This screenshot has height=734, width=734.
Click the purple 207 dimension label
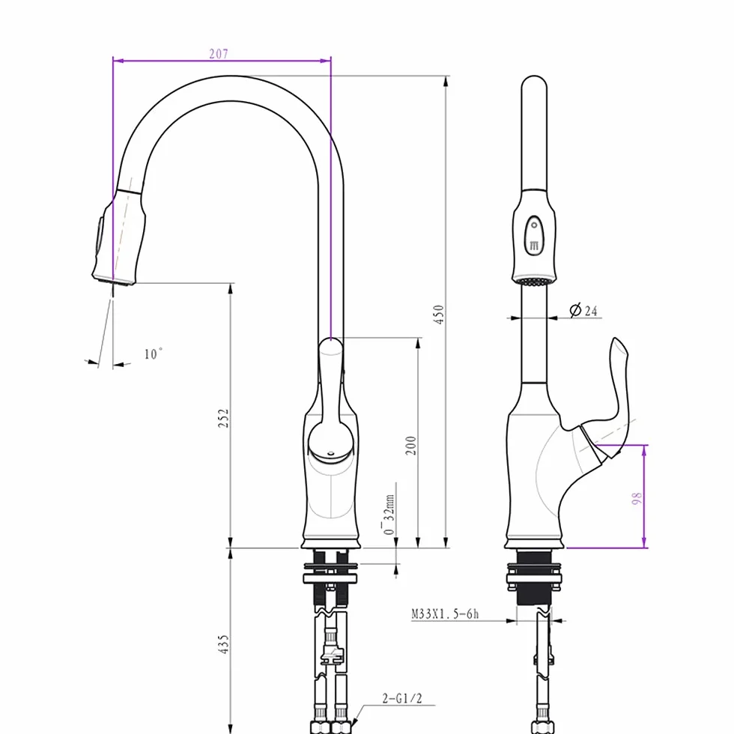[x=219, y=54]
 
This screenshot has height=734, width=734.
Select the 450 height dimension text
[x=439, y=315]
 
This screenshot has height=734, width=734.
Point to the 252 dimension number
[x=224, y=418]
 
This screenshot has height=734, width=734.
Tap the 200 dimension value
[x=410, y=445]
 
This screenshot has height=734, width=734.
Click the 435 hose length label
[x=224, y=644]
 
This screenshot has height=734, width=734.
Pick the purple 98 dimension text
[x=637, y=498]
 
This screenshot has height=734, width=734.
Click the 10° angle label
[x=153, y=354]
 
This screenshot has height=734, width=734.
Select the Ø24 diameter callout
[x=583, y=310]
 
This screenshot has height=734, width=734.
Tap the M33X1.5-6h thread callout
[x=445, y=613]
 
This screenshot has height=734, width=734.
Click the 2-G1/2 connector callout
[x=402, y=699]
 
